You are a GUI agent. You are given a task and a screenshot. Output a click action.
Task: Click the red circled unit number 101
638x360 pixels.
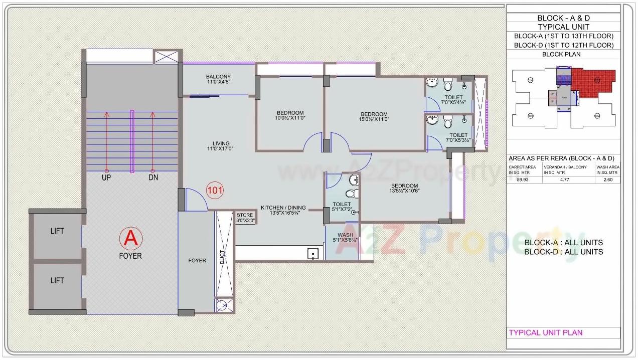pos(215,190)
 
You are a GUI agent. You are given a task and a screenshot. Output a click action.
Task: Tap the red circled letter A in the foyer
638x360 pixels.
pos(130,239)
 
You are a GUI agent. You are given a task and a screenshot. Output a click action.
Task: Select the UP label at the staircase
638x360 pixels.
pos(106,178)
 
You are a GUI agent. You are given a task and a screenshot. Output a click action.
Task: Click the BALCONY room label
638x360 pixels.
pos(218,77)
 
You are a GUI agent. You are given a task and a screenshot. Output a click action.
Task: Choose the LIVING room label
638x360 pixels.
pos(220,143)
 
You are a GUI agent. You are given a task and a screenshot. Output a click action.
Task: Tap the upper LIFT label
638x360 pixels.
pos(57,231)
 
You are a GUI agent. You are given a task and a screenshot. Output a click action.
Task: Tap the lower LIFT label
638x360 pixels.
pos(57,280)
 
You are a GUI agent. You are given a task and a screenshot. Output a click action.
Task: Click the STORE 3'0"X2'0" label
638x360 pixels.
pos(245,218)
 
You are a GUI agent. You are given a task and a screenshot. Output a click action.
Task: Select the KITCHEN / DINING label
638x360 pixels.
pos(283,208)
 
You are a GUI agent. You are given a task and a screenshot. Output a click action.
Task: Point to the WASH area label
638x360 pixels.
pos(345,235)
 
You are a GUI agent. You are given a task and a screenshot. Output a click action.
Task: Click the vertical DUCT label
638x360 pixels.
pos(223,257)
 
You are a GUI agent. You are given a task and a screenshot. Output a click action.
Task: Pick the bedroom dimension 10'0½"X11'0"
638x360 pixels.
pos(290,119)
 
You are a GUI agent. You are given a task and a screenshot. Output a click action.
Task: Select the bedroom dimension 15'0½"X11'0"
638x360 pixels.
pos(374,119)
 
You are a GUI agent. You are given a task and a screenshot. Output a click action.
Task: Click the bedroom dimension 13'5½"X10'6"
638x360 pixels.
pos(405,191)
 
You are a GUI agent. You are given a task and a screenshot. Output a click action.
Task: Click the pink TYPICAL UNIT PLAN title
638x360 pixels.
pos(546,332)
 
